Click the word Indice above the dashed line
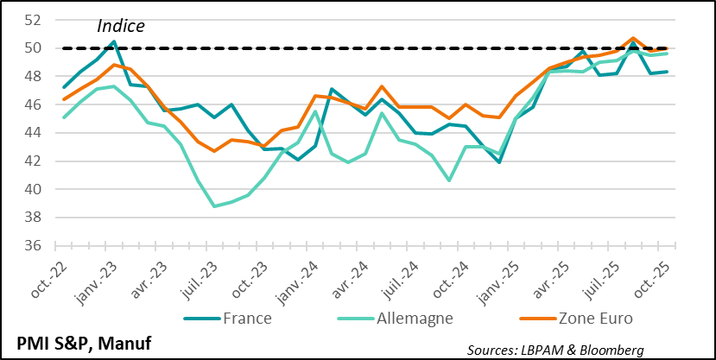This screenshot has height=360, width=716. point(120,26)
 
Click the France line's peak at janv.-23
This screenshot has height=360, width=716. point(114,41)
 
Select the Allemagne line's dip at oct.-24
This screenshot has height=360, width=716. point(449,180)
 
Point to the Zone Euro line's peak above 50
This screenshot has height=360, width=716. point(633,38)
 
